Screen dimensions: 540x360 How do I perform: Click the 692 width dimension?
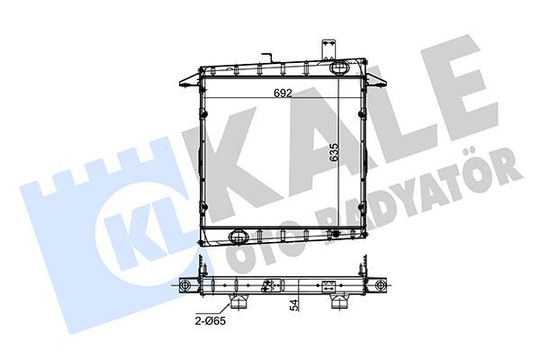(283, 93)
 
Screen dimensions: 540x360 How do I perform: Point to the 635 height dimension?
(334, 152)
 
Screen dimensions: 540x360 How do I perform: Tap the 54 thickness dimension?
(293, 305)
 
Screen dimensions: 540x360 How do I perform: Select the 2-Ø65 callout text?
(210, 321)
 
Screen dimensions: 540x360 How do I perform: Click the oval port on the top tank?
(339, 67)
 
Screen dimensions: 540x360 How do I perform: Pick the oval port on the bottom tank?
(238, 236)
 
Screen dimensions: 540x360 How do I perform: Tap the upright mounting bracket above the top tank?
(328, 50)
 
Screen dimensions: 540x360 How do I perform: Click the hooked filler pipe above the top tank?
(267, 58)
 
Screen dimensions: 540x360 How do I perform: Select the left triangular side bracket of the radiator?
(189, 81)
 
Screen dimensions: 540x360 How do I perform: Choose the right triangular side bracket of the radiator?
(375, 81)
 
